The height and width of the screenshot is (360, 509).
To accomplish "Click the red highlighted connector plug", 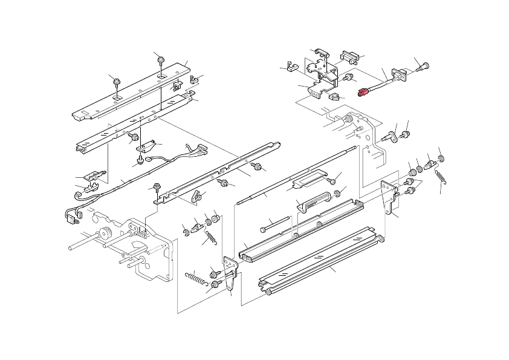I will (x=363, y=93).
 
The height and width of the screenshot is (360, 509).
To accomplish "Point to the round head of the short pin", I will (x=265, y=230).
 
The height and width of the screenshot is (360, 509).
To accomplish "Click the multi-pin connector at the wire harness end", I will (x=197, y=150).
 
